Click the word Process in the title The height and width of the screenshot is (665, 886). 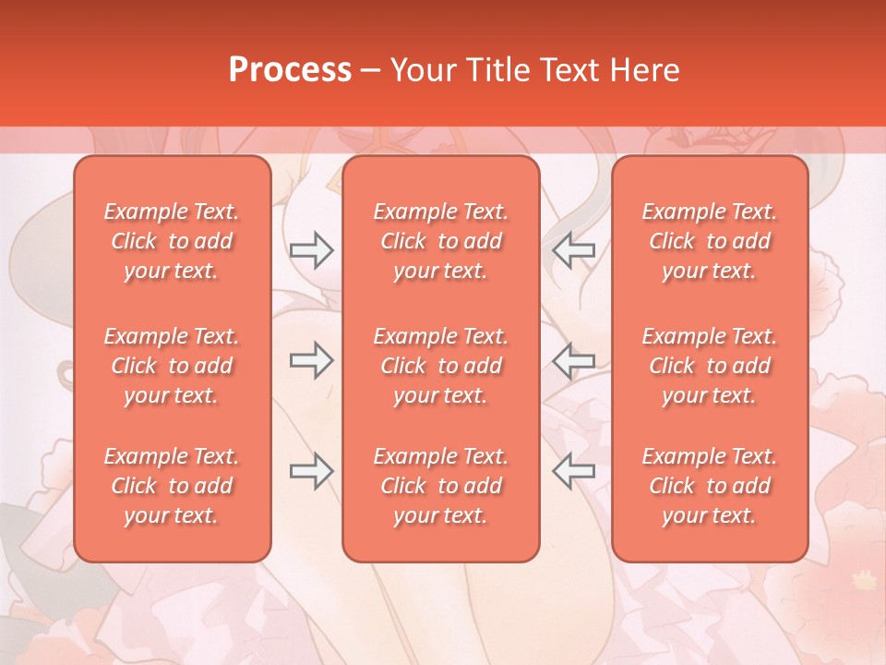click(x=290, y=70)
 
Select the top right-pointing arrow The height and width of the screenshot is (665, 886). click(x=311, y=249)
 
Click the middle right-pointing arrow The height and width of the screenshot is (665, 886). click(x=311, y=360)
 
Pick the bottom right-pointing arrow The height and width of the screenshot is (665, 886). click(x=311, y=471)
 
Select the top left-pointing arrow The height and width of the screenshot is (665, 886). click(x=574, y=249)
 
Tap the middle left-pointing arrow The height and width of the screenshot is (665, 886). click(x=574, y=360)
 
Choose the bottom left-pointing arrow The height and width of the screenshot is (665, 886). click(x=574, y=471)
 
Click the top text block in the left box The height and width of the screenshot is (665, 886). click(x=172, y=241)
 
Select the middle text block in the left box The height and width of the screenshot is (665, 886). click(x=172, y=366)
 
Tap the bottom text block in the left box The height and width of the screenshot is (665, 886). click(x=172, y=486)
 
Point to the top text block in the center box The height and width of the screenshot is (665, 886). click(x=441, y=241)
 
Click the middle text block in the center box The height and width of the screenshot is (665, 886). click(x=441, y=366)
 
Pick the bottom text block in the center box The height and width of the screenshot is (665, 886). click(x=441, y=486)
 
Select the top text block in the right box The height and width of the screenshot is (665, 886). click(x=710, y=241)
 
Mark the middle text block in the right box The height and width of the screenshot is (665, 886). click(x=710, y=366)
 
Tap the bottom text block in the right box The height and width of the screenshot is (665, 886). click(x=710, y=486)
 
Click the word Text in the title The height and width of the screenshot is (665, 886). click(x=568, y=70)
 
